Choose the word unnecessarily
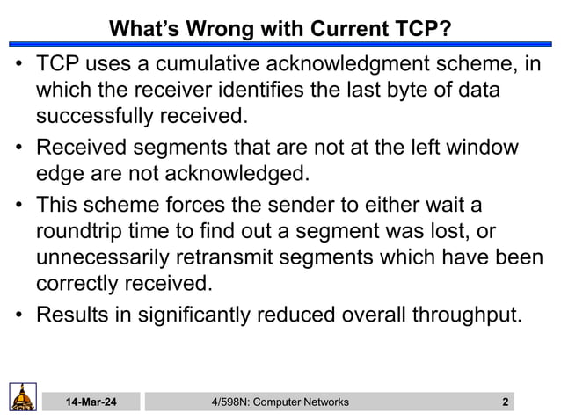point(109,257)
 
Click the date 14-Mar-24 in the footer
point(90,402)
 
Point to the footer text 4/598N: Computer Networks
point(280,402)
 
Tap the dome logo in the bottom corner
point(23,396)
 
